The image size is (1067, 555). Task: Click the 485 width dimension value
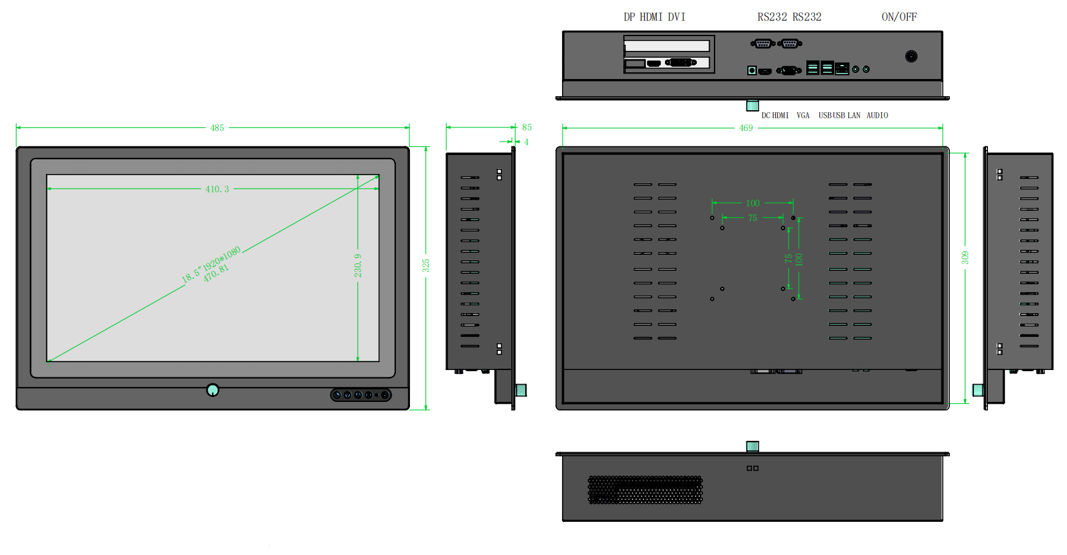tap(217, 128)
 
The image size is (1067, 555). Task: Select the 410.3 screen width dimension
tap(217, 189)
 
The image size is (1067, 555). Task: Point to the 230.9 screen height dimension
tap(358, 265)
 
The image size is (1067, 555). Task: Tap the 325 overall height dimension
tap(426, 265)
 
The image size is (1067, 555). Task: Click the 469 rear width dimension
tap(746, 128)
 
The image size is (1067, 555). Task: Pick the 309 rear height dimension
tap(965, 257)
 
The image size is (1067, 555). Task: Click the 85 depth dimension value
tap(527, 127)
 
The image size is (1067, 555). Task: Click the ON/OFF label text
tap(899, 17)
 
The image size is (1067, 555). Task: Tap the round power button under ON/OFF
tap(911, 56)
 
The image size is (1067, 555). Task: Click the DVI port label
tap(677, 17)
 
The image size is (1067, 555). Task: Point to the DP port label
tap(629, 17)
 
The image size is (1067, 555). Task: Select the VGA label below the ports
tap(803, 115)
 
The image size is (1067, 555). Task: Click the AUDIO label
tap(877, 115)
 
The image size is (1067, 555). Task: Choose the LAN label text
tap(854, 115)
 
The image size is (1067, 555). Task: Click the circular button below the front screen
tap(213, 390)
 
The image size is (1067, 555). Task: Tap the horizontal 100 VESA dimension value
tap(753, 203)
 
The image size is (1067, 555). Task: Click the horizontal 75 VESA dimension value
tap(753, 218)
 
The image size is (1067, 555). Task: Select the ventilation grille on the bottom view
tap(645, 489)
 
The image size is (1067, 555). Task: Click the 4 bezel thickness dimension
tap(526, 142)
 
